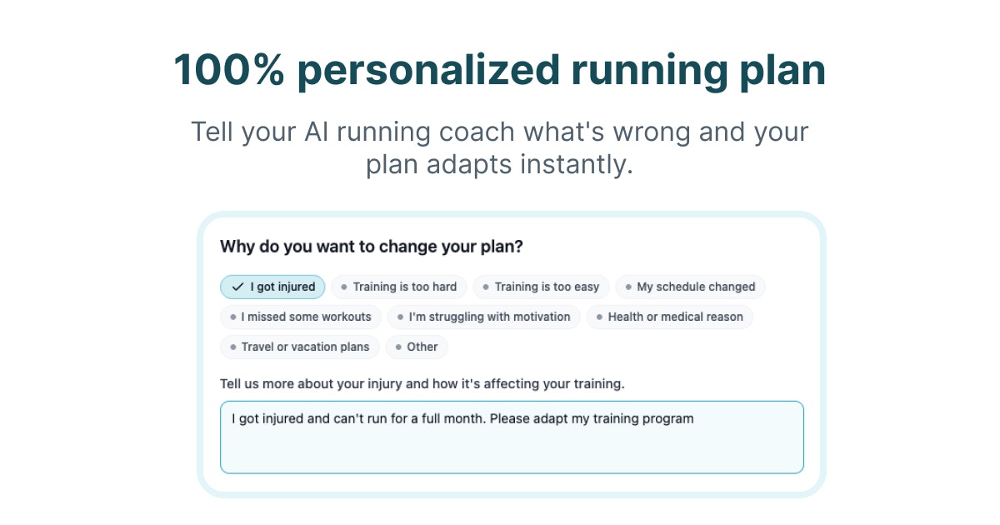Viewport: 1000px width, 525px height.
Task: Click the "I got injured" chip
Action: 272,287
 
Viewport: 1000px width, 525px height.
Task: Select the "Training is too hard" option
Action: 398,287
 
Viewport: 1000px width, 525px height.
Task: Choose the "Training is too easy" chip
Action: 541,287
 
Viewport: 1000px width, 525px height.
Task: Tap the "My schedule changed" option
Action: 690,287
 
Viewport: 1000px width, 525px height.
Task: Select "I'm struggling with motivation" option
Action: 483,317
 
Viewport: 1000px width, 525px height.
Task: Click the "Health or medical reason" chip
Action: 669,317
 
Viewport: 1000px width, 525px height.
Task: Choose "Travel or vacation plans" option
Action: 300,347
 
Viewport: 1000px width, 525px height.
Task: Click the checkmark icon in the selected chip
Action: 237,287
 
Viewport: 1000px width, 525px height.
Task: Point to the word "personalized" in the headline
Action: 428,70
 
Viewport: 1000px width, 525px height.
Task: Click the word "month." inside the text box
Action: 467,418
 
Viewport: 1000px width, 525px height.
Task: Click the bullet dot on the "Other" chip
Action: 399,347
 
